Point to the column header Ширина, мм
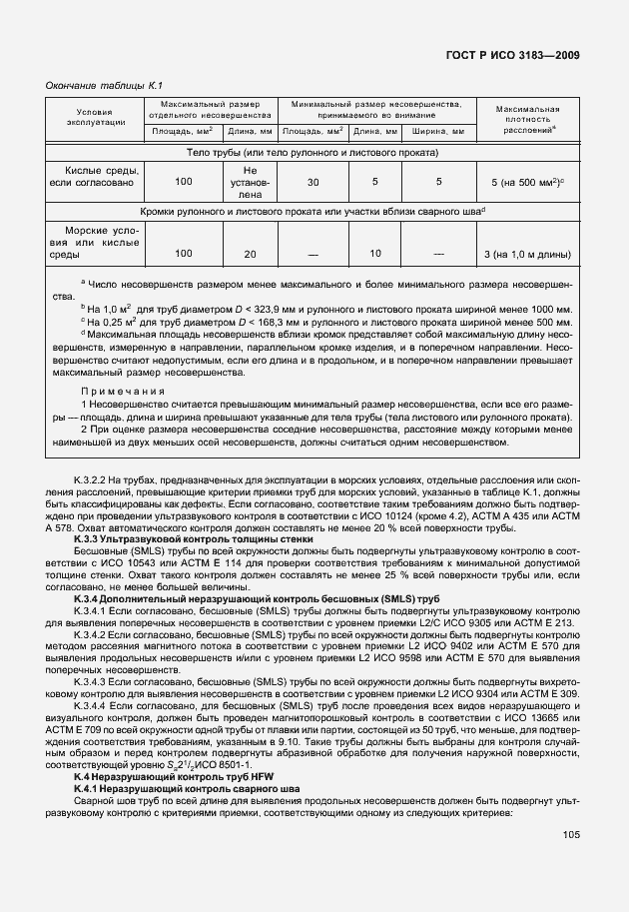click(x=437, y=131)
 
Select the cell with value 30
click(x=313, y=183)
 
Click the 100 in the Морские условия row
click(x=183, y=254)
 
